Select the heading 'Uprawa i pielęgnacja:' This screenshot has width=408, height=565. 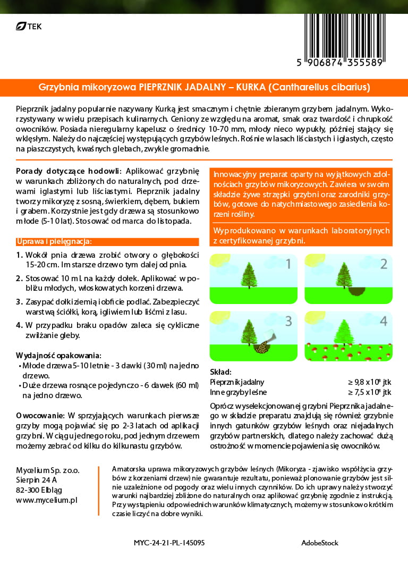point(55,241)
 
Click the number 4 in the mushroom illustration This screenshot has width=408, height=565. point(384,321)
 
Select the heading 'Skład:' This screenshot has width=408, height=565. point(220,372)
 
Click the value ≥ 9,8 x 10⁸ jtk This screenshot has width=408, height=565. point(369,382)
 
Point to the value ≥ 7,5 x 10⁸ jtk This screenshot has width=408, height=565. point(369,392)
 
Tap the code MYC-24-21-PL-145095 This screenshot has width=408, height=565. point(169,543)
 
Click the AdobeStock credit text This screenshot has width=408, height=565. point(319,543)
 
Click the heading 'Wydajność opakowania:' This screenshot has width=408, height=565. point(58,355)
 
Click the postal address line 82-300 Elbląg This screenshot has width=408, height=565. point(42,490)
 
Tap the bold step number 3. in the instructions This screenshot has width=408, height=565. point(19,301)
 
